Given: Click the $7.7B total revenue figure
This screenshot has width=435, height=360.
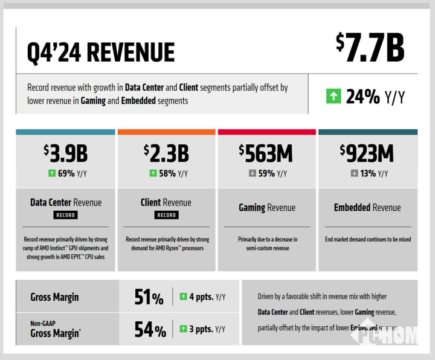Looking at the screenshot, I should point(370,49).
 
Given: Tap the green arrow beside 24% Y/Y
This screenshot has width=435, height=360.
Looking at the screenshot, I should point(333,96).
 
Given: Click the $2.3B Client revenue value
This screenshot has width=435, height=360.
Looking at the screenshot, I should point(166,153).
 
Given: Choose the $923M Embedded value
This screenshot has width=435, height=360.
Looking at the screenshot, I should point(367,153).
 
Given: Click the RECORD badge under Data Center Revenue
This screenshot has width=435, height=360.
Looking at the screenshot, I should point(66,215).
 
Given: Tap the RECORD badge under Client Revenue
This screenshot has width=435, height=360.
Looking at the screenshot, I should point(166,215).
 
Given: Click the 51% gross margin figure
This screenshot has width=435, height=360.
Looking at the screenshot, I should point(149,297).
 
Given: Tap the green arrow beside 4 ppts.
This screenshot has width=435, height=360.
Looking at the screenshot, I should point(183,297).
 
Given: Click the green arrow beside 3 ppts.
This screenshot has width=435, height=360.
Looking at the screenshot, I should point(183,329).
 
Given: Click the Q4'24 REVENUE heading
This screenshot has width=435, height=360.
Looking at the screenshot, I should point(101,53).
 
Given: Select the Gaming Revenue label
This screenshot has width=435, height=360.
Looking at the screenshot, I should point(267,208).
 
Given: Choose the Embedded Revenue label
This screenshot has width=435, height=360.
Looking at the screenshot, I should point(367,208).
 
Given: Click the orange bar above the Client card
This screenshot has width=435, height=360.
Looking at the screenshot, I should point(166,132).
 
